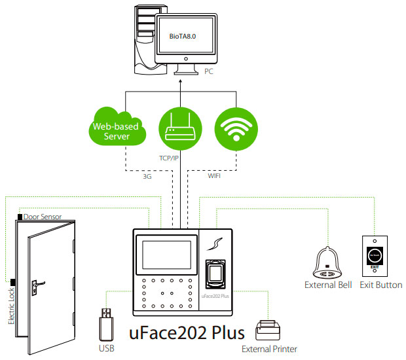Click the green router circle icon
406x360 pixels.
[x=179, y=128]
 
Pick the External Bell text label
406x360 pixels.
[x=328, y=285]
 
